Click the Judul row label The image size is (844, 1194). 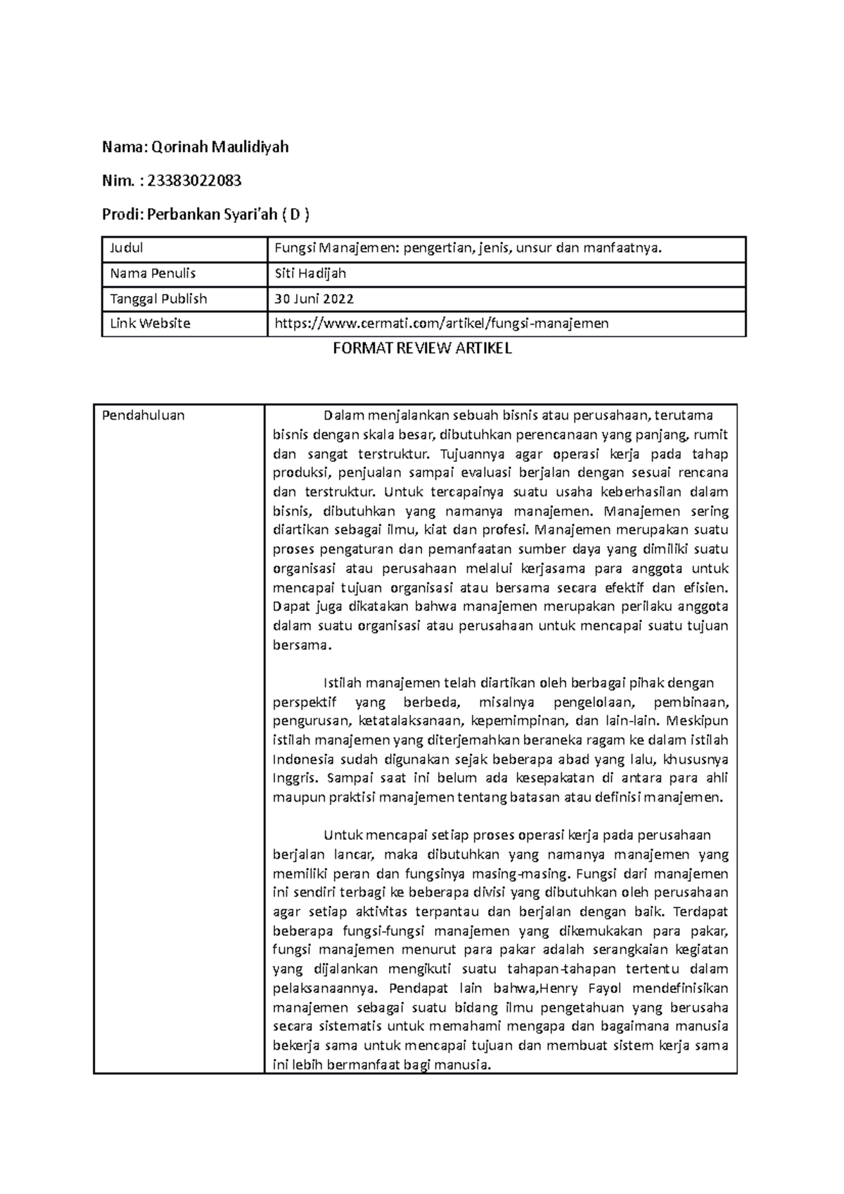[127, 248]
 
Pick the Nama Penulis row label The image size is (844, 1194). [153, 273]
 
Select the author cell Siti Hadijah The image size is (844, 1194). [310, 273]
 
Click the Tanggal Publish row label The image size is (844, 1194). [158, 298]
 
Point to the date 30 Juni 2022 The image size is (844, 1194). [314, 298]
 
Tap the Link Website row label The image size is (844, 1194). [150, 323]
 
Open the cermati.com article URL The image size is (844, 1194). [441, 323]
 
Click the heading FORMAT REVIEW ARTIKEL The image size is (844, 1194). [422, 348]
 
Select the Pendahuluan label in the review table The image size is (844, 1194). [143, 415]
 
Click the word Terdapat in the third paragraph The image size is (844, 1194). [700, 912]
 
